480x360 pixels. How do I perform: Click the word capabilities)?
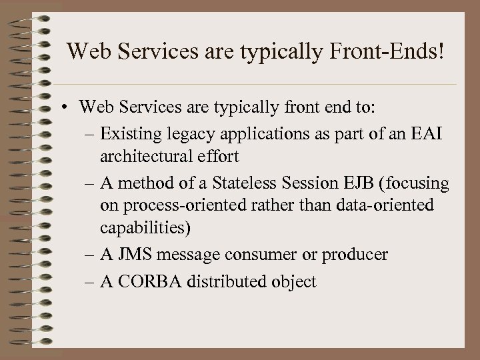click(x=145, y=227)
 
